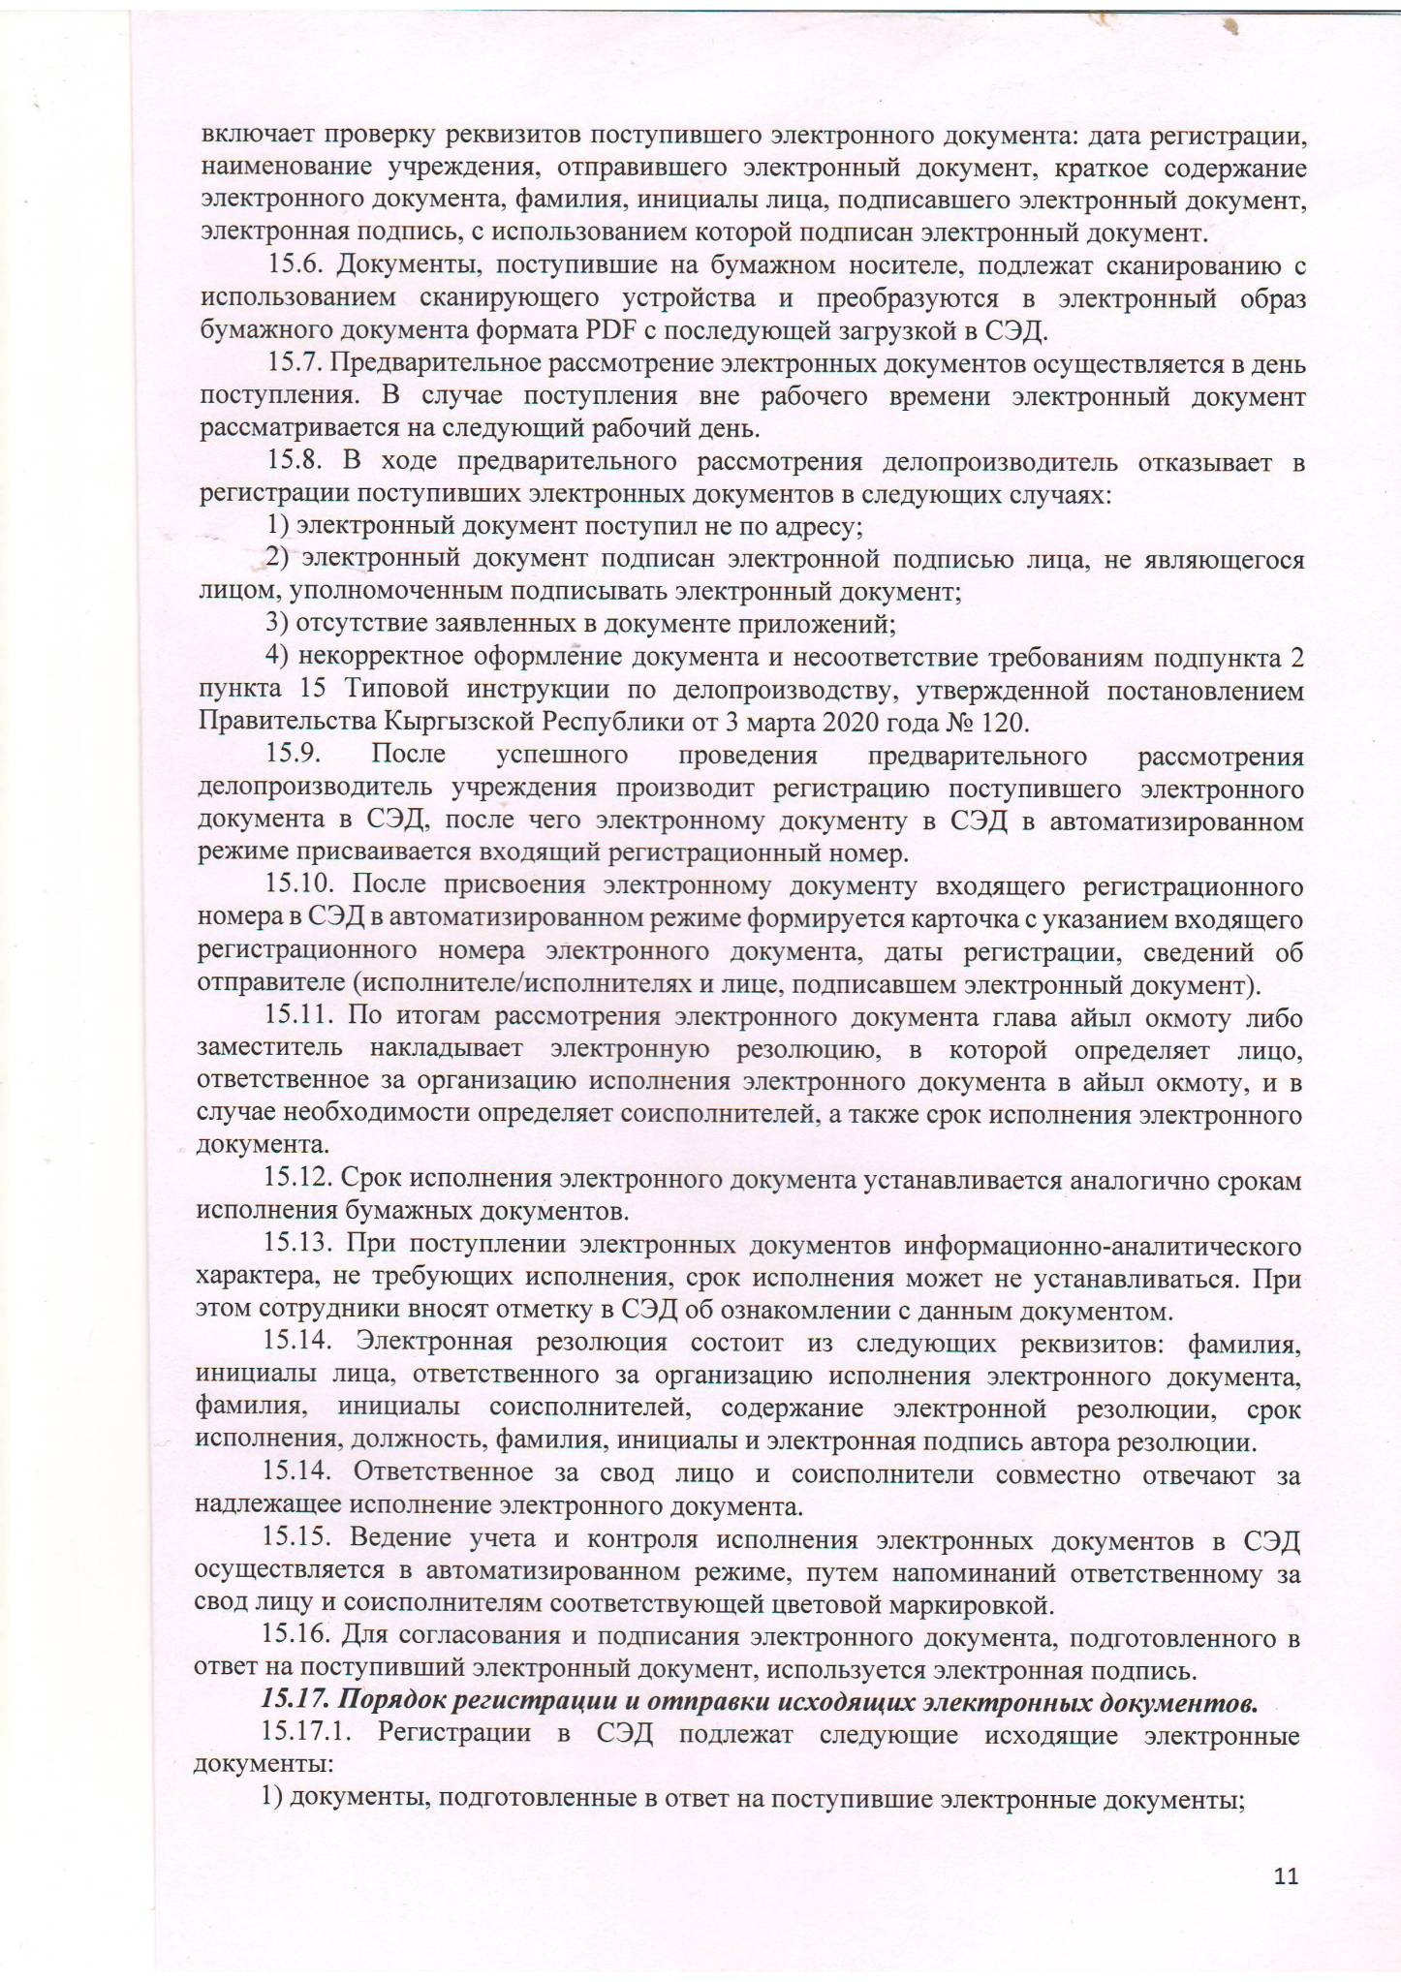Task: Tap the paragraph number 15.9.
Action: coord(296,755)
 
